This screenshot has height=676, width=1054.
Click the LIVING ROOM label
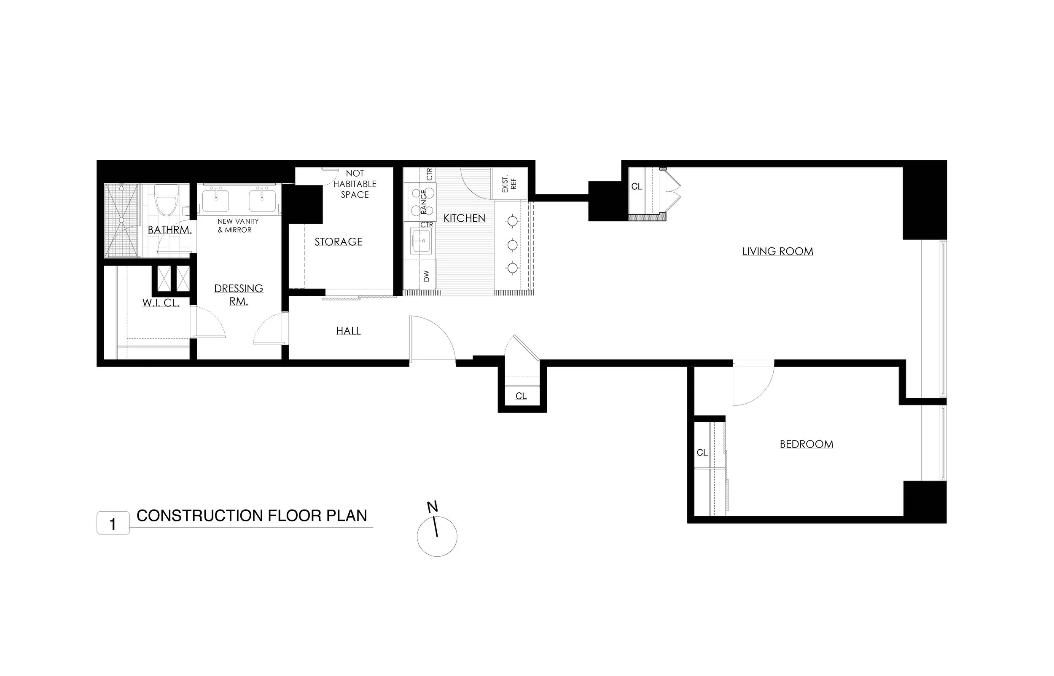[777, 252]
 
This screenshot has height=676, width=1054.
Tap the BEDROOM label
[807, 444]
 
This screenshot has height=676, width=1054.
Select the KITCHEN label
[465, 218]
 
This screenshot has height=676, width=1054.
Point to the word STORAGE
[339, 242]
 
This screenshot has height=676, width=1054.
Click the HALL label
[349, 331]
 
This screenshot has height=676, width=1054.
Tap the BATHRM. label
[169, 230]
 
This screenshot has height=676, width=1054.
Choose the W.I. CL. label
[161, 303]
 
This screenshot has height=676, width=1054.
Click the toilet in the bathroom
[167, 200]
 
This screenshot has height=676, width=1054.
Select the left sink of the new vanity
[215, 201]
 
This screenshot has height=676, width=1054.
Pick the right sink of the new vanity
[262, 201]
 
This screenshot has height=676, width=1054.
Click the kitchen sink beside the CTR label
[421, 241]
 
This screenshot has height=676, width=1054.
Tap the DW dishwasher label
[427, 276]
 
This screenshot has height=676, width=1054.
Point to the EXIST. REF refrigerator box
[509, 184]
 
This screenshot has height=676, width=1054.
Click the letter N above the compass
[433, 507]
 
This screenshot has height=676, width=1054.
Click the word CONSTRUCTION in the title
[199, 516]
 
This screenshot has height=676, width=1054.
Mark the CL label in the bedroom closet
[702, 453]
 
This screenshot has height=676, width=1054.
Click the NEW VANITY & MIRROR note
[238, 225]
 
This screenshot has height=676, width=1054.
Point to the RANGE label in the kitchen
[424, 202]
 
